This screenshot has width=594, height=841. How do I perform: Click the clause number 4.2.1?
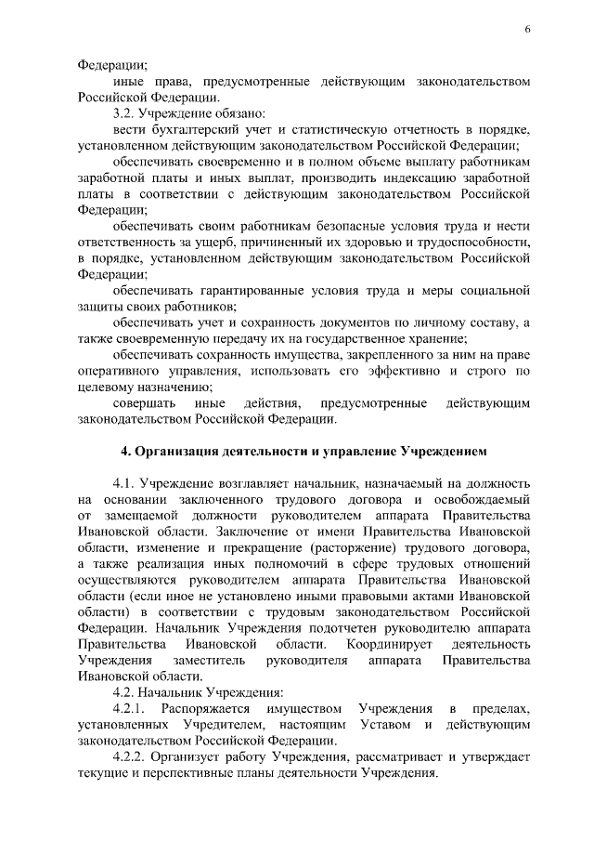pyautogui.click(x=129, y=709)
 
